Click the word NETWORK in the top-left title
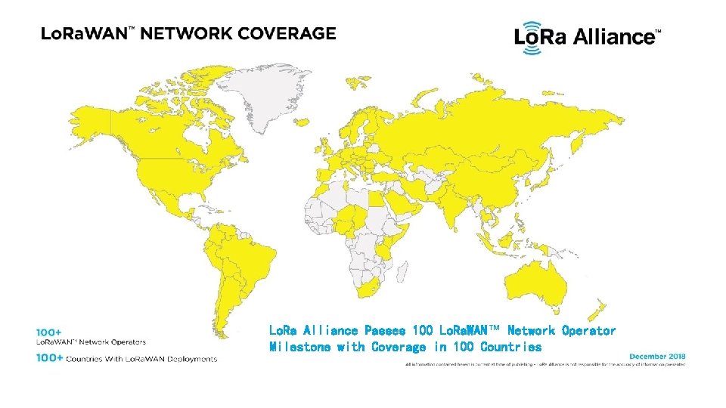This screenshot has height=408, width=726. [x=186, y=33]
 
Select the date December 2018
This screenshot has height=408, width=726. [x=656, y=355]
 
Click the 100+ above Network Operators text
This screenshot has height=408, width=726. [x=48, y=332]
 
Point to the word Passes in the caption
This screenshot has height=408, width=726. [x=384, y=331]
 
